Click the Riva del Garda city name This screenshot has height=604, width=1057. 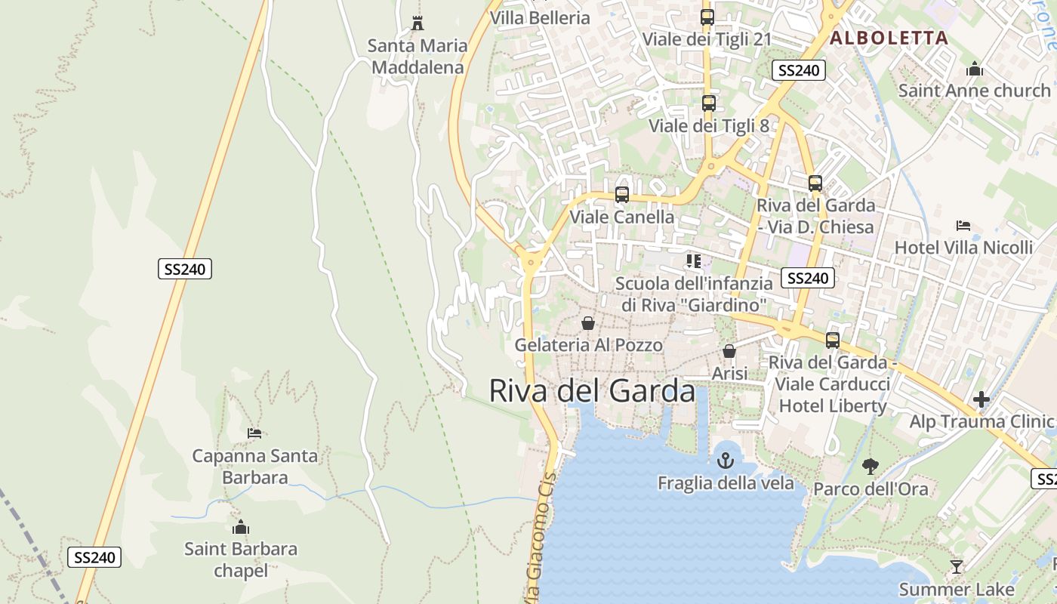coord(592,391)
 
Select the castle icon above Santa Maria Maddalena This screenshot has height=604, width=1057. coord(418,23)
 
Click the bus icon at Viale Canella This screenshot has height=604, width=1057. coord(622,195)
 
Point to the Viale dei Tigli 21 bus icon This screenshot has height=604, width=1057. coord(707,17)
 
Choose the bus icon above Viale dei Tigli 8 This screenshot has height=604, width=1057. coord(708,103)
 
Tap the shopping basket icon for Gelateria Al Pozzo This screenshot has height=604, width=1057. coord(588,323)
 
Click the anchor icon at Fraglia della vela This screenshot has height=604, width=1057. coord(726,460)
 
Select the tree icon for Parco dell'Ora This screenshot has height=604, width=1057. coord(871,467)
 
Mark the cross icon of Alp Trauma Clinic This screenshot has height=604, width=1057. coord(981,399)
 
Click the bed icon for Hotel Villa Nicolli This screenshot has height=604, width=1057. coord(963,225)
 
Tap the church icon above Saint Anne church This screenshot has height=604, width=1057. coord(975,69)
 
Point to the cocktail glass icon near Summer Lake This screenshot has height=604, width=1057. coord(957,566)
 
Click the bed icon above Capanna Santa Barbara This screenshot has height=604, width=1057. coord(254,433)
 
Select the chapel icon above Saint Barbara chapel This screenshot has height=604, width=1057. coord(241,527)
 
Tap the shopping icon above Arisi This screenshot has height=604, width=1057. coord(729,351)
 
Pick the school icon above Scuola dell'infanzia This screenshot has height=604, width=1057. coord(694,261)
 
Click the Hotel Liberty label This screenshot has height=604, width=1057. coord(833,405)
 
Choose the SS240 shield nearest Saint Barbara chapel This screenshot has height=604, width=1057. coord(94,558)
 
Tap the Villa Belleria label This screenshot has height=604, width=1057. coord(540,18)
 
